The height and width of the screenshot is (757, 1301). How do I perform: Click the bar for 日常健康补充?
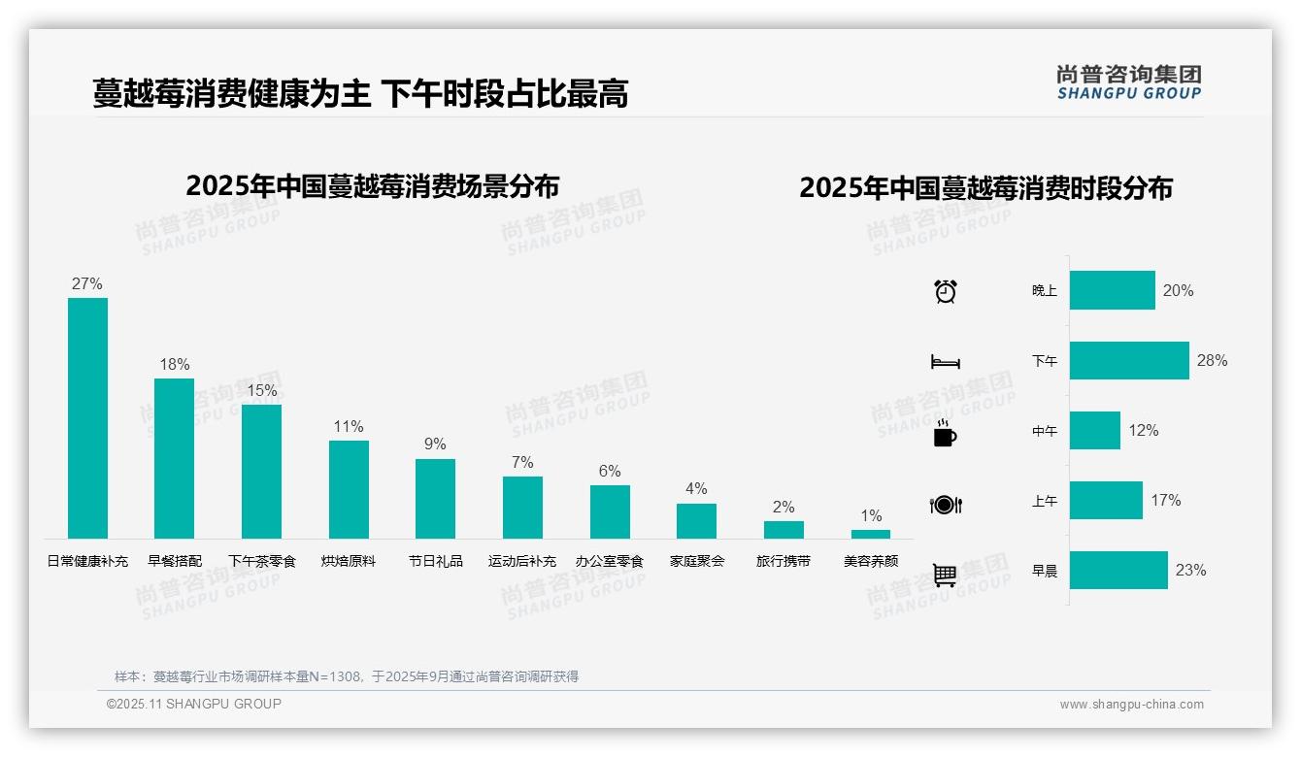coord(87,417)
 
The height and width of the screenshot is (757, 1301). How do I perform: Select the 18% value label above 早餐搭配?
coord(175,365)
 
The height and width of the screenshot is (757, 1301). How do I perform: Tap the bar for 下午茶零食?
coord(261,472)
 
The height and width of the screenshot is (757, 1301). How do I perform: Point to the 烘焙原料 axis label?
coord(349,561)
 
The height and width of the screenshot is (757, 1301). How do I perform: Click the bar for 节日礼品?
coord(435,499)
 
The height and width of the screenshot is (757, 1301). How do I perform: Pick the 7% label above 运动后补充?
coord(522,463)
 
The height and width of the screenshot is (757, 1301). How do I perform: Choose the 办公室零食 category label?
coord(610,561)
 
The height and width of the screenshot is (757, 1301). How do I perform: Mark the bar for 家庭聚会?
coord(696,521)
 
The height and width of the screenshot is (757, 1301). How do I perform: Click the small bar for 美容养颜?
coord(871,534)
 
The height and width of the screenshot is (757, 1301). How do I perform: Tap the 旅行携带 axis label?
coord(784,561)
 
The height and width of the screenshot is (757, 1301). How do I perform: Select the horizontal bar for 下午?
coord(1129,360)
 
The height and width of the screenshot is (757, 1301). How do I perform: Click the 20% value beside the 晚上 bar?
coord(1178,291)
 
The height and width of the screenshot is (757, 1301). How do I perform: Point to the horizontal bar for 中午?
coord(1095,430)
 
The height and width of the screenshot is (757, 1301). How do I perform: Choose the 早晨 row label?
coord(1045,571)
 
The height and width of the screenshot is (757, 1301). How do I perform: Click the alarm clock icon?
coord(946,291)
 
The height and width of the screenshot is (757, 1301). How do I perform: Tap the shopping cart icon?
coord(945,575)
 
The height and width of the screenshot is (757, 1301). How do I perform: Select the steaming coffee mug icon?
coord(945,433)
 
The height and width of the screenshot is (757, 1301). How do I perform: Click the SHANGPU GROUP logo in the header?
coord(1128,82)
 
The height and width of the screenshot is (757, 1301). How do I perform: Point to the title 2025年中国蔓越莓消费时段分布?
coord(985,188)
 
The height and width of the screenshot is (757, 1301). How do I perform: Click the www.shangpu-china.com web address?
coord(1131,705)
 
